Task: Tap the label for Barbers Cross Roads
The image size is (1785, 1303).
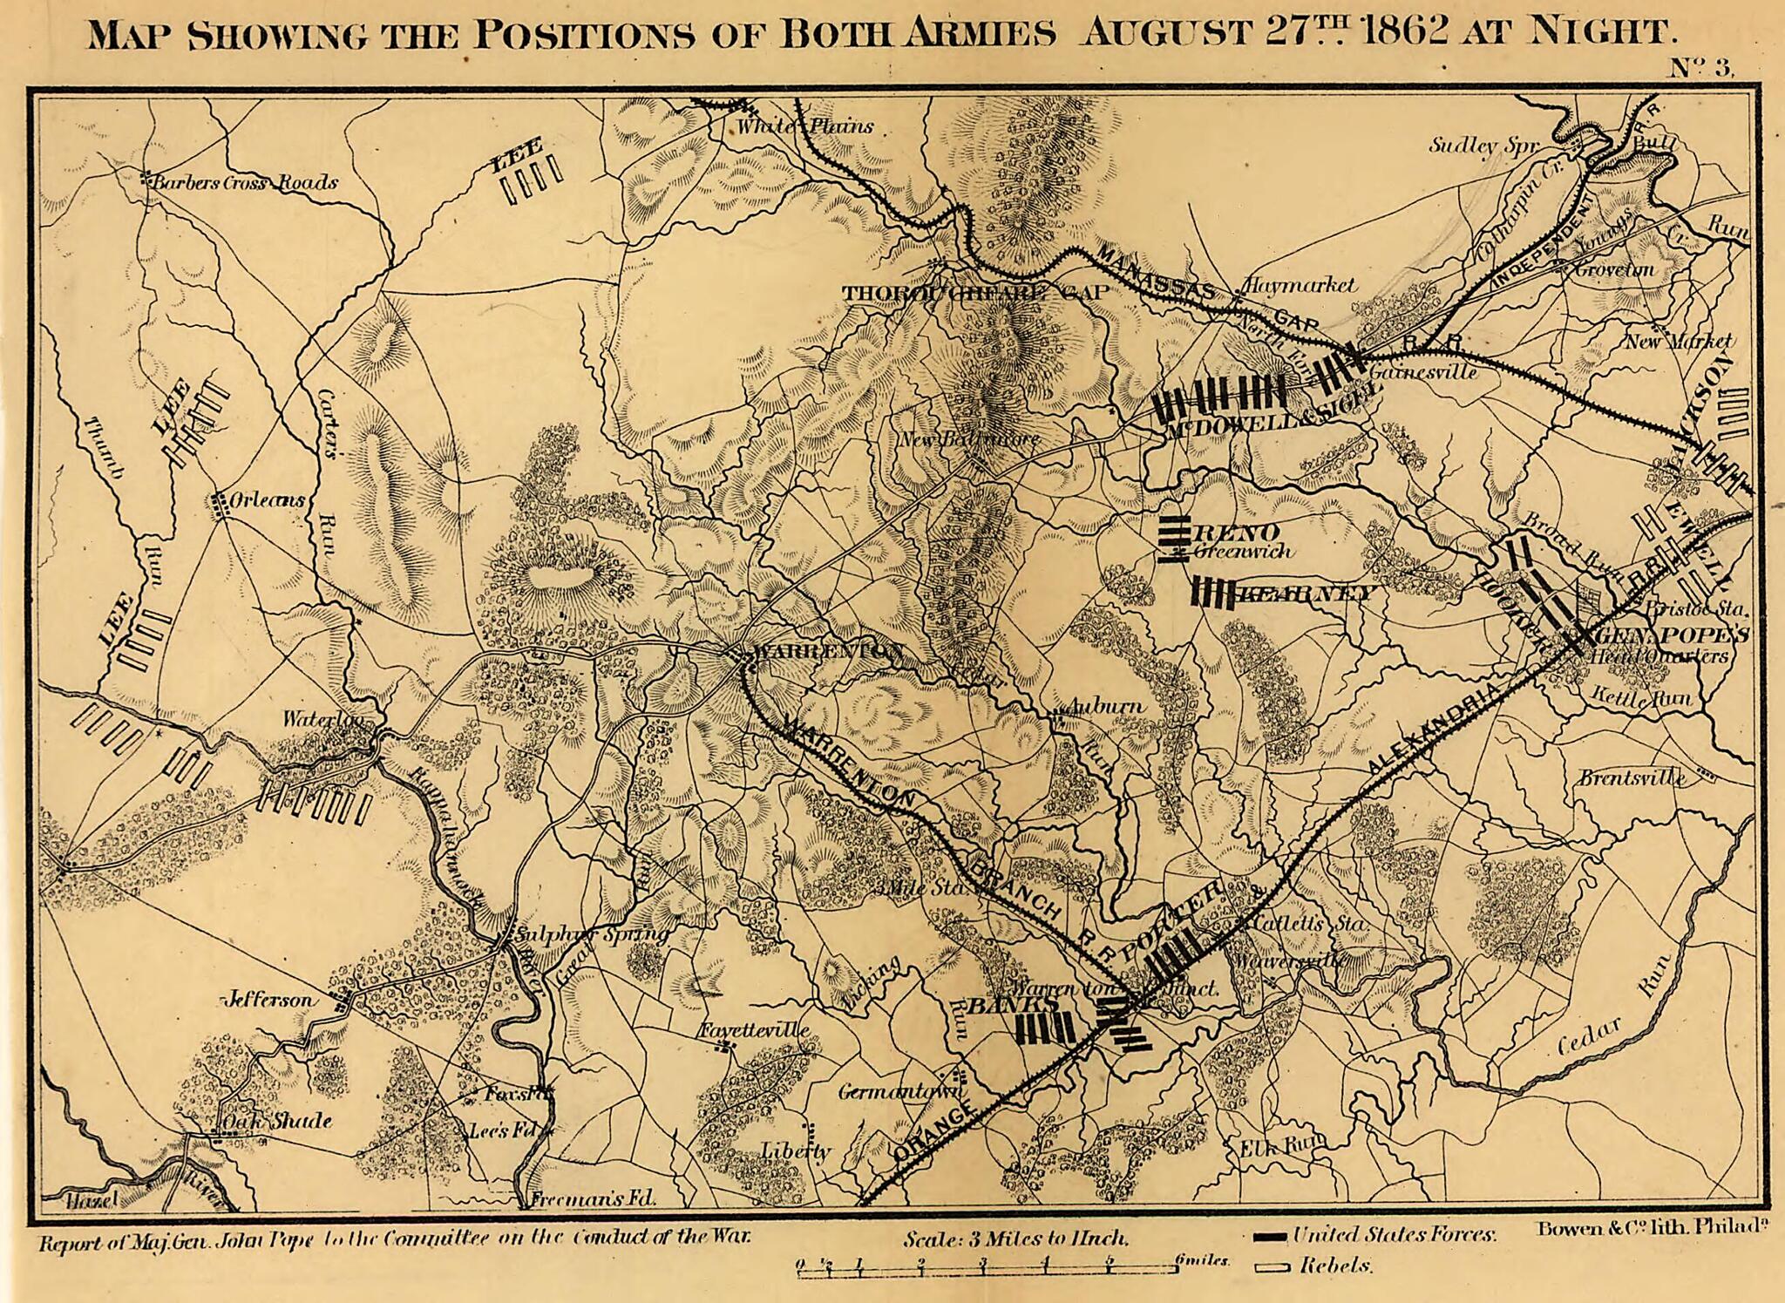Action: [245, 183]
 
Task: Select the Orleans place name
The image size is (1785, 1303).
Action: [268, 500]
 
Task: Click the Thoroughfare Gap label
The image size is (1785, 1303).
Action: [974, 294]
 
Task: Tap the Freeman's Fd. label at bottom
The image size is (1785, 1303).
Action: [593, 1198]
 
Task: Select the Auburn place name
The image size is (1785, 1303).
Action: [1105, 706]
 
